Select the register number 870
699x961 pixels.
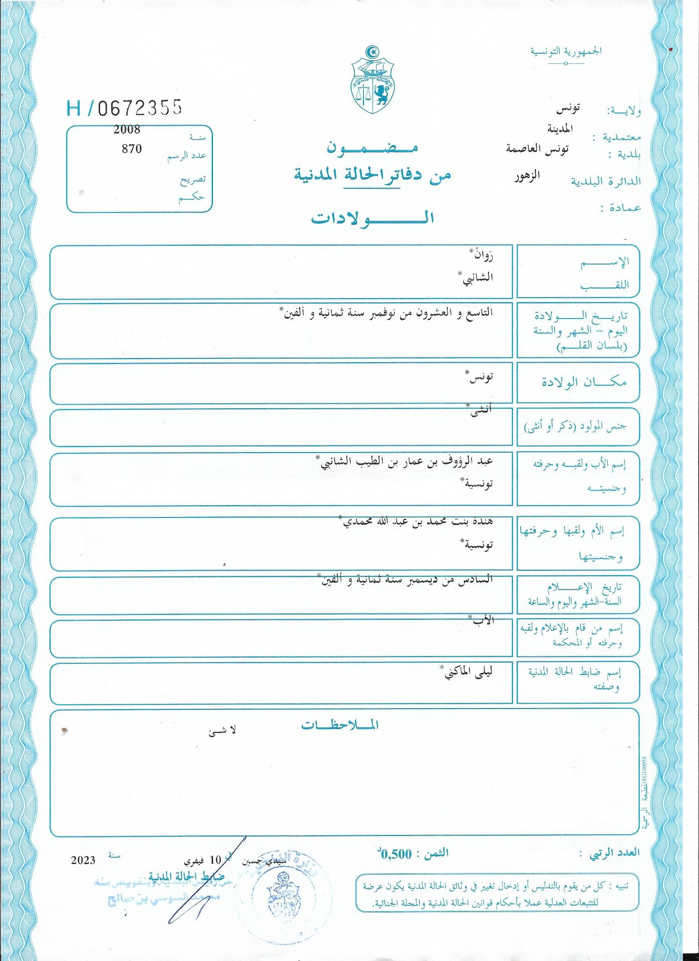(x=132, y=149)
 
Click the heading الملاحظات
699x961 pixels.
(x=340, y=725)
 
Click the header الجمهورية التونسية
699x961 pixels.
(x=566, y=52)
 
